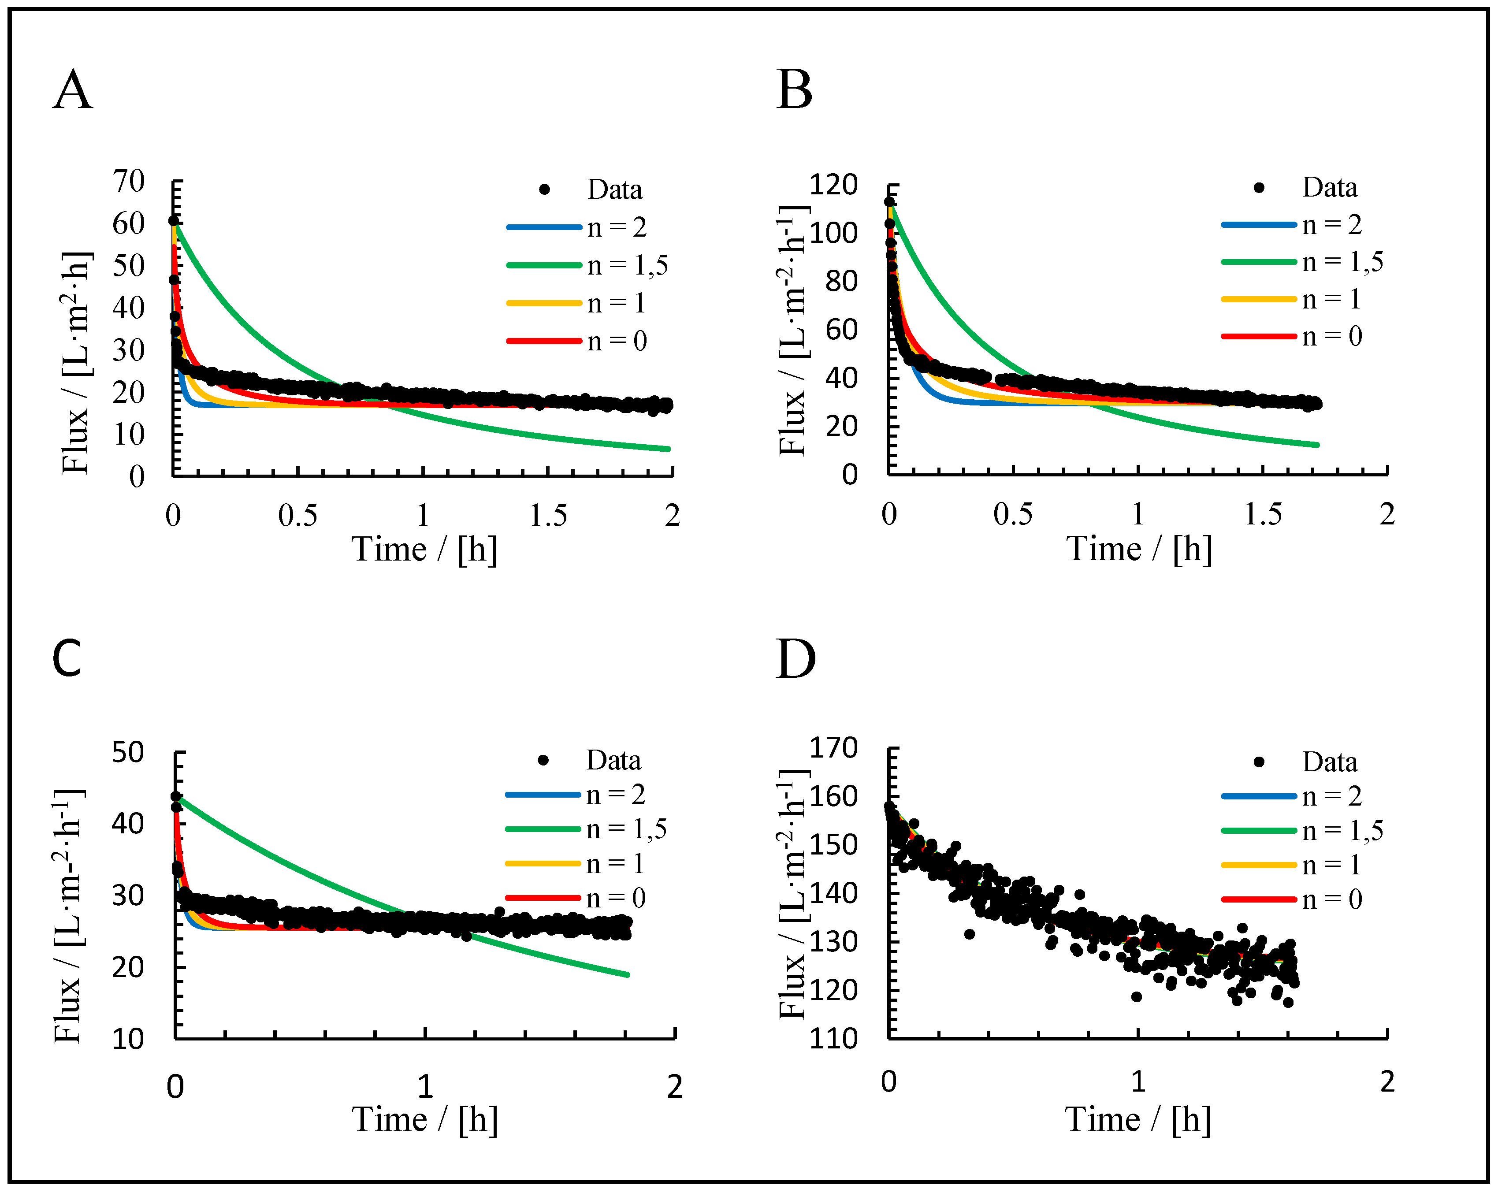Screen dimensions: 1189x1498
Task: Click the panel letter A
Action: click(x=72, y=90)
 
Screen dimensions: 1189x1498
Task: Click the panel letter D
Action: click(x=795, y=659)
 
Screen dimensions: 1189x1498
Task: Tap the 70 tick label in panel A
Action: click(x=129, y=182)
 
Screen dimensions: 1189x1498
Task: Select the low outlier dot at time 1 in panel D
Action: click(x=1137, y=996)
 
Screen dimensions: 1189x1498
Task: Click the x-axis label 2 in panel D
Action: click(x=1387, y=1081)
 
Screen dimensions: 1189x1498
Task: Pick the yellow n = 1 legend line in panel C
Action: click(x=543, y=863)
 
